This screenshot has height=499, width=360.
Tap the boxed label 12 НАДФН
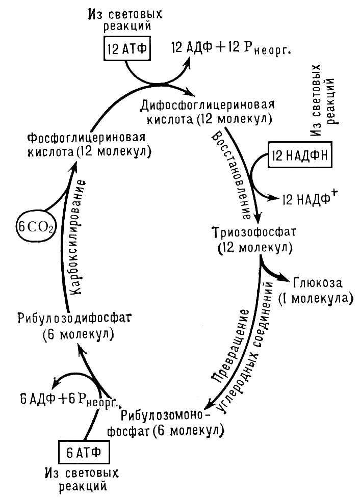pyautogui.click(x=300, y=156)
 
